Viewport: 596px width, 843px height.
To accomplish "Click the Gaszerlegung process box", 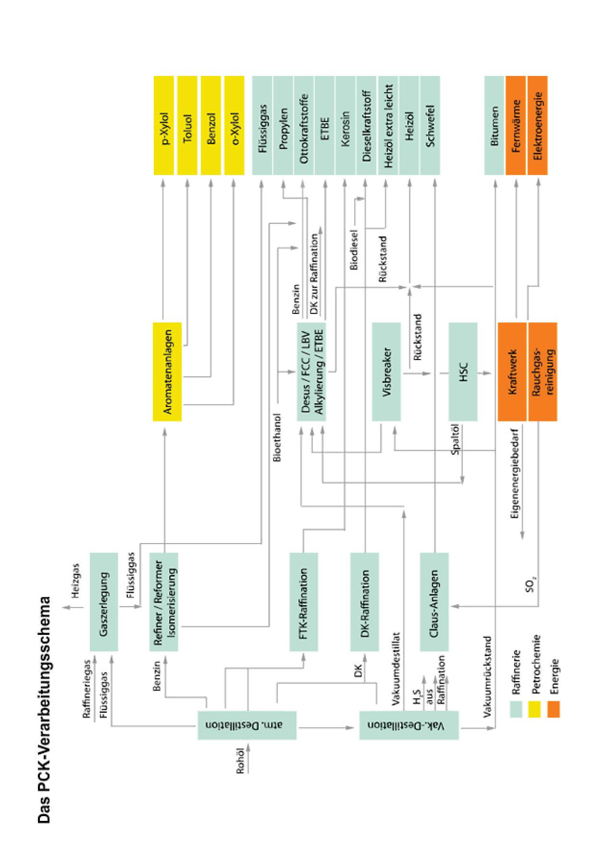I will point(104,602).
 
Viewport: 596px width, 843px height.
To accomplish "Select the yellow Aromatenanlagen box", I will point(167,371).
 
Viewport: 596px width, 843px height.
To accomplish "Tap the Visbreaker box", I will point(386,371).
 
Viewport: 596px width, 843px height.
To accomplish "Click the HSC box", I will point(463,371).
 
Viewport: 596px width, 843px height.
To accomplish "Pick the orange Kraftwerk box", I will point(513,371).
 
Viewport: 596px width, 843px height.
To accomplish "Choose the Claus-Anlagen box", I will point(435,602).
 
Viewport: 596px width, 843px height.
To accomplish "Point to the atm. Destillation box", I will point(247,725).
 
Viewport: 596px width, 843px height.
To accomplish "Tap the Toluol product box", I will point(187,125).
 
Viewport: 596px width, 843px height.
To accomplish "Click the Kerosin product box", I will point(345,125).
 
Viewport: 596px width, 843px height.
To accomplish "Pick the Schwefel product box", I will point(430,125).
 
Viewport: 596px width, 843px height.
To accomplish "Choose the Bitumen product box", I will point(495,125).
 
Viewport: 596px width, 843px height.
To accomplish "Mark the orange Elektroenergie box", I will point(538,125).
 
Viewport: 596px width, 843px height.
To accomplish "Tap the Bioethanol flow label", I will point(278,437).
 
